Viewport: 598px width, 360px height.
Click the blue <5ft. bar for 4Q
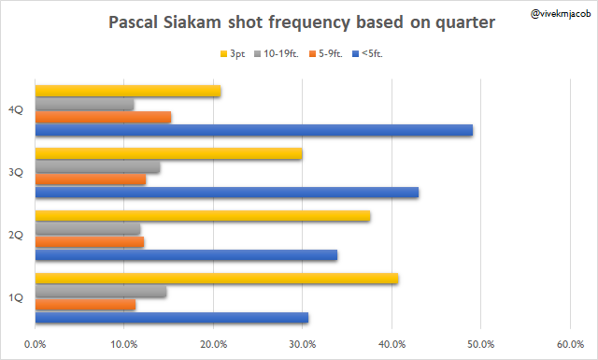pos(254,130)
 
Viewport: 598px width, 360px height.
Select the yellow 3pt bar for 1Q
pos(217,279)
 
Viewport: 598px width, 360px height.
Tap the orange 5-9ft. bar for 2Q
pos(90,241)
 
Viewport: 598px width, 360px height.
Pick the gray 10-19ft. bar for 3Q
pos(97,166)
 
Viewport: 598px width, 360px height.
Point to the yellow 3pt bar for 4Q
pos(128,91)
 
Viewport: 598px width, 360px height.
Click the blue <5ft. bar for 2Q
pos(186,254)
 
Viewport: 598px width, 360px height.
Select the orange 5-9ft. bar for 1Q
pos(85,304)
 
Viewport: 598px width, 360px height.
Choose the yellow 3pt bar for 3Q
pos(168,153)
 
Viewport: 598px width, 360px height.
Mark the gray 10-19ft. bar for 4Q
pos(85,104)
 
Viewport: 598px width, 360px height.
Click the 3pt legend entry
pos(233,54)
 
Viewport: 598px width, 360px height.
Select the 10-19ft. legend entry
pos(277,54)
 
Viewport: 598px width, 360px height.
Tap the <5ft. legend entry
pos(367,54)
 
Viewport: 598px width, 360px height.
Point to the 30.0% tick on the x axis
pos(303,344)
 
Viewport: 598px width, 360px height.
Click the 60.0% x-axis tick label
pos(570,344)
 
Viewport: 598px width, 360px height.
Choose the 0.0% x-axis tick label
pos(36,344)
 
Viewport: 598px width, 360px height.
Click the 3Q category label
pos(16,173)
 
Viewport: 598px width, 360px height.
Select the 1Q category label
pos(16,297)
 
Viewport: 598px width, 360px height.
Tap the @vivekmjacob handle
pos(561,14)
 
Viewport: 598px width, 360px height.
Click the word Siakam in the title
pos(192,22)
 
